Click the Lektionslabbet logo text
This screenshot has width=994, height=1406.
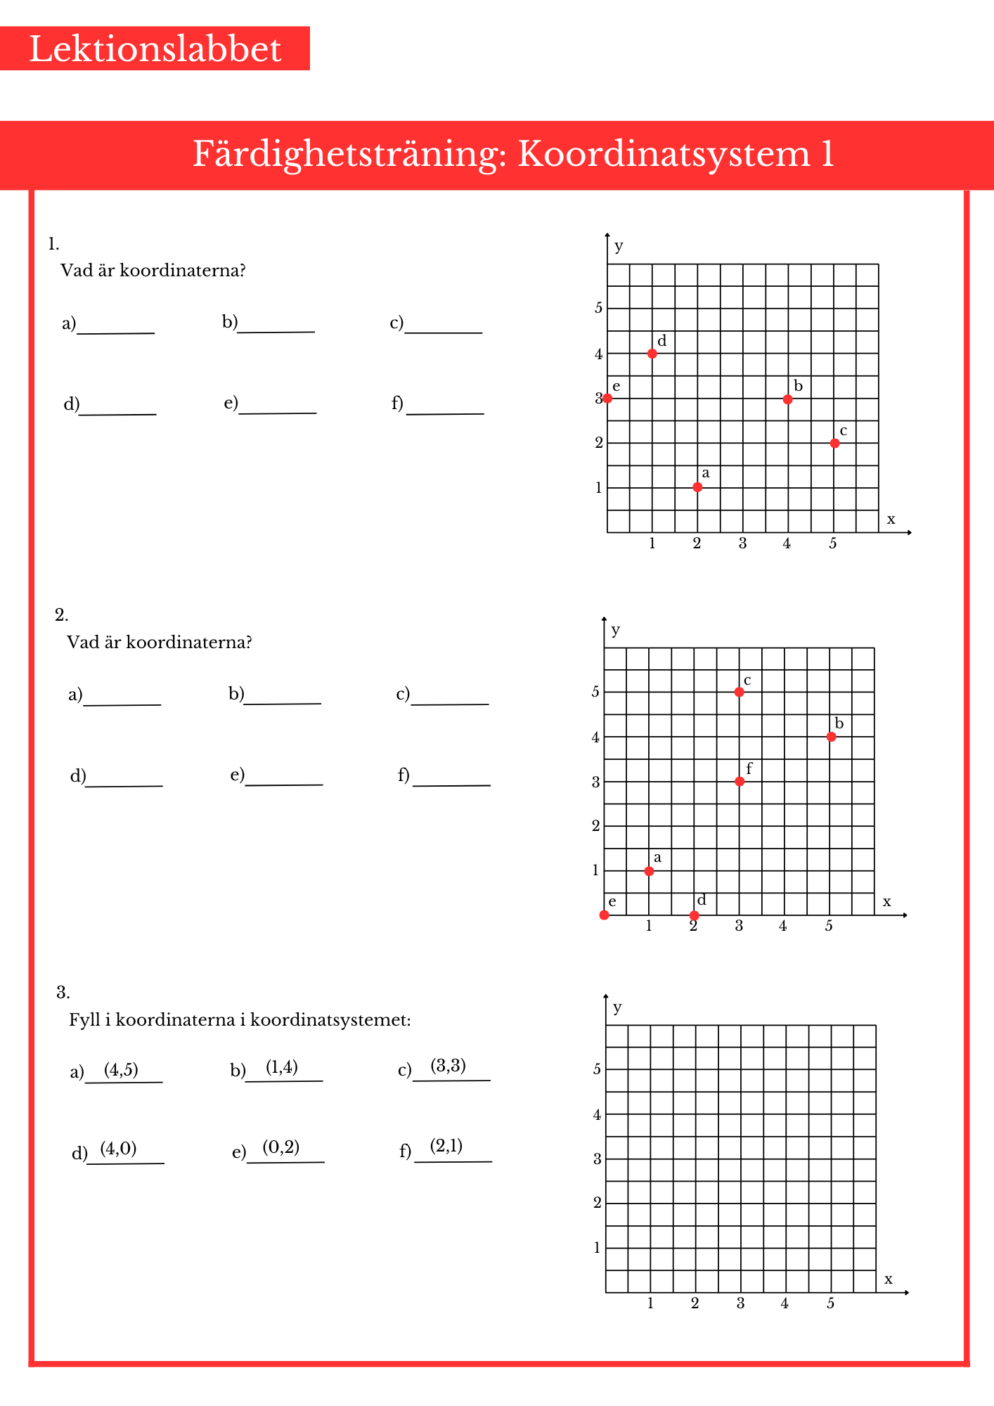[x=155, y=49]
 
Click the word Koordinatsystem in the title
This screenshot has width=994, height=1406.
[x=664, y=154]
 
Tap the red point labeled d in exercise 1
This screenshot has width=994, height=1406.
[x=652, y=354]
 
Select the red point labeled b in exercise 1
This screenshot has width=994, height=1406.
[x=788, y=399]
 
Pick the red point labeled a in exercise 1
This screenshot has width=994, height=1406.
[x=697, y=487]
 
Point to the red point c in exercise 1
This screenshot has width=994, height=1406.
[x=834, y=444]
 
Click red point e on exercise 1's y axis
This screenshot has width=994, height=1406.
[x=607, y=399]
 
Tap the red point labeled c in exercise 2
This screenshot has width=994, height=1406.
[x=739, y=692]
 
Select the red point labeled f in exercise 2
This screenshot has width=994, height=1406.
[x=740, y=782]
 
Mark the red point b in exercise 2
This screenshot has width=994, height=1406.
[x=832, y=737]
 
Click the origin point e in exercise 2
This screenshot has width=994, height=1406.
[x=605, y=915]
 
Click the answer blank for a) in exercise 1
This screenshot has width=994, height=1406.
[x=116, y=326]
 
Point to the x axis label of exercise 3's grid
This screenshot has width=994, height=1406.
[x=889, y=1279]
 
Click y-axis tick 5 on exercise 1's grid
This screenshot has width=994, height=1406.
[x=598, y=308]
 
